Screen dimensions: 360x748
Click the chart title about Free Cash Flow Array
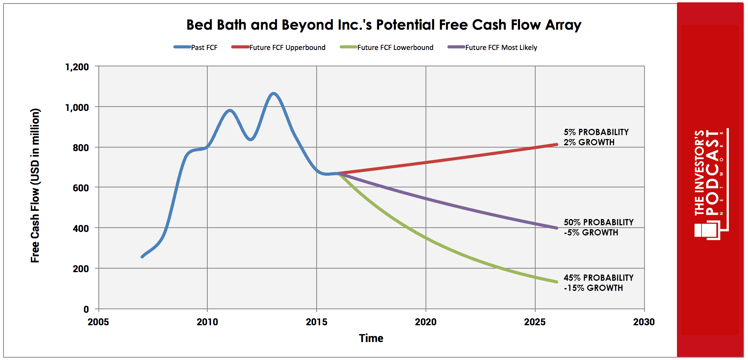point(384,25)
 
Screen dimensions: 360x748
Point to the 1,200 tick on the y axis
point(77,67)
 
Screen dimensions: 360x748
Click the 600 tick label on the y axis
point(81,188)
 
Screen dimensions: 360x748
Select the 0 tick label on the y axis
point(86,309)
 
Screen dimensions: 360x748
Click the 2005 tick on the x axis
point(98,322)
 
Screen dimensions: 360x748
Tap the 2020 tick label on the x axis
point(426,322)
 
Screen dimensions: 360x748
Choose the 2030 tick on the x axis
point(644,322)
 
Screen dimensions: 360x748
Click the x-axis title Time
point(371,338)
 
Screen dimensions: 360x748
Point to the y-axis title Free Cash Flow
point(35,185)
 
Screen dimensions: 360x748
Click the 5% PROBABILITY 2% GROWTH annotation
point(596,137)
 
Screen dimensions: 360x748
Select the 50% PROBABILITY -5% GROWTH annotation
point(598,227)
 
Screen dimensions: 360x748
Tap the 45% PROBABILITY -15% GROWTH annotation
point(598,283)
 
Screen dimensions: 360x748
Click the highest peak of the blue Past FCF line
point(274,93)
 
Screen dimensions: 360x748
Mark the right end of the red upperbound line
point(557,144)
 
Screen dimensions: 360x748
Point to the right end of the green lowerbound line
point(557,282)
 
